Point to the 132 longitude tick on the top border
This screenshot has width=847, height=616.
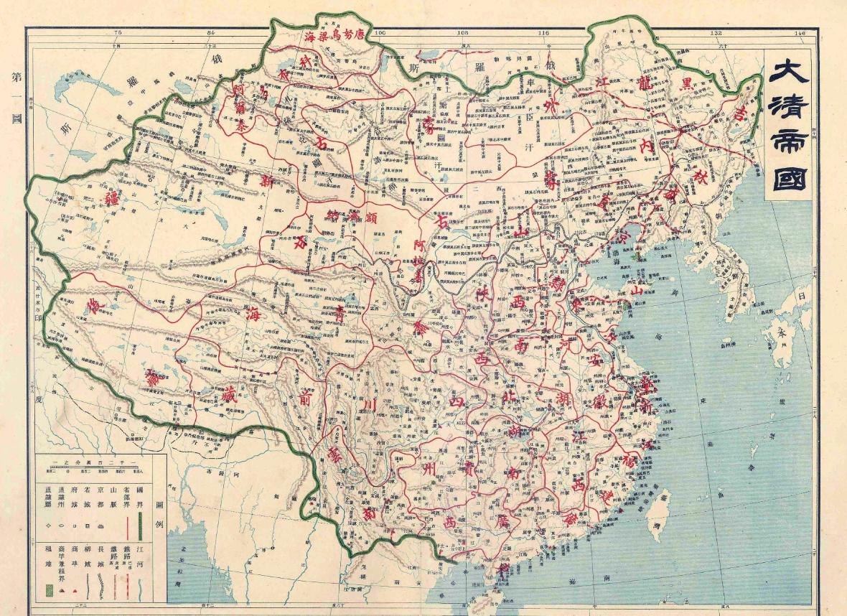(x=716, y=33)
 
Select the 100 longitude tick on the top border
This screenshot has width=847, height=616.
(x=380, y=33)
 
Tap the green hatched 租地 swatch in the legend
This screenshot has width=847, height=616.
(x=48, y=590)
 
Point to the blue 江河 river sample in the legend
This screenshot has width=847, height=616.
(x=140, y=582)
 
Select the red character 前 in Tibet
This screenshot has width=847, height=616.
(x=305, y=399)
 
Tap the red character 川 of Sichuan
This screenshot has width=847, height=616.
(x=370, y=408)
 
